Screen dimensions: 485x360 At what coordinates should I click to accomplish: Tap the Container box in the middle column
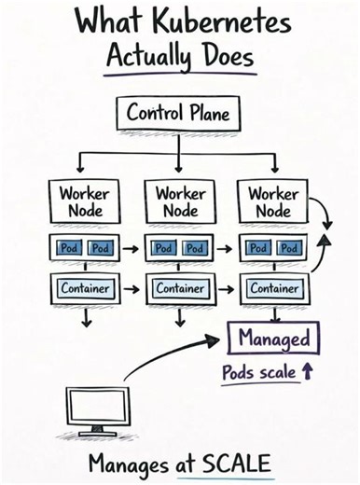180,289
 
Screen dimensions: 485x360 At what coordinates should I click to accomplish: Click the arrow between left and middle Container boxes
131,289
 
